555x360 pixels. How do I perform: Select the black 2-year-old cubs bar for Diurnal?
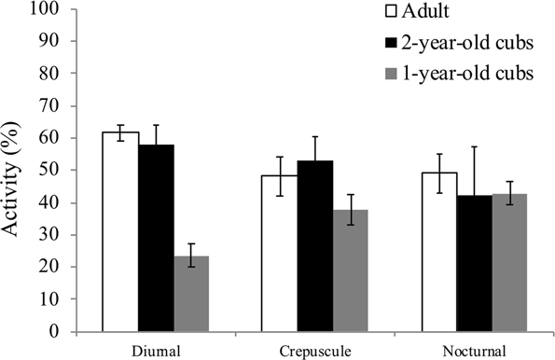[x=156, y=238]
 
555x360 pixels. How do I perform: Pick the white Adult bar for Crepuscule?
[x=278, y=253]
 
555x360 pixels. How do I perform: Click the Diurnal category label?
[x=156, y=350]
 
